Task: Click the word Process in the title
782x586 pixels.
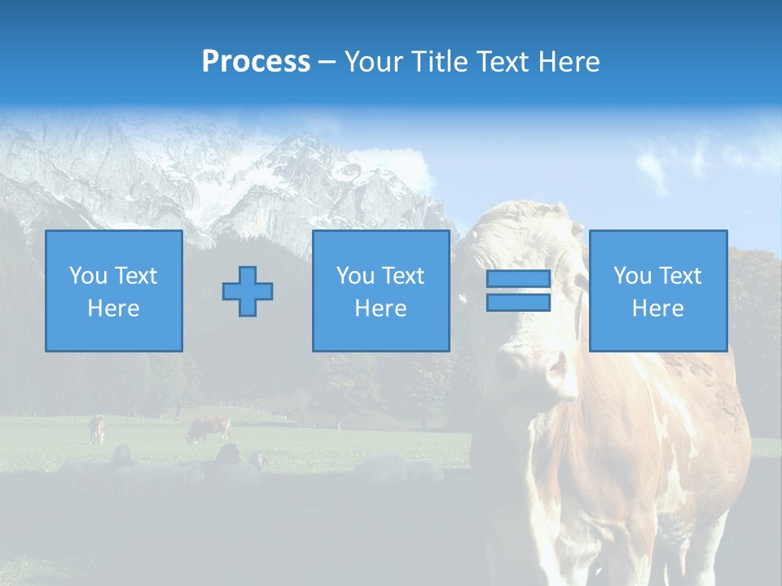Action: [x=256, y=62]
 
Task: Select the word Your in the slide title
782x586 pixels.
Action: [x=373, y=62]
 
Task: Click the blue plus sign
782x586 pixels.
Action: [x=248, y=291]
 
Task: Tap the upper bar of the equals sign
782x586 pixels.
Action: [x=518, y=279]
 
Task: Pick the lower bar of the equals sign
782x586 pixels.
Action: [x=518, y=302]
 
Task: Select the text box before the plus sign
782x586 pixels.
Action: [x=114, y=291]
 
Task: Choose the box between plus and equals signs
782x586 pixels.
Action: [x=380, y=291]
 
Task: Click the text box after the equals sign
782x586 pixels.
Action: [x=658, y=291]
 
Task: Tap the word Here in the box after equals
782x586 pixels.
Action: [x=658, y=308]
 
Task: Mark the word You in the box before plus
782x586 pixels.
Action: [x=88, y=276]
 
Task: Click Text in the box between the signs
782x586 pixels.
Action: [x=403, y=276]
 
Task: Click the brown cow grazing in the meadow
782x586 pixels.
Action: [x=209, y=428]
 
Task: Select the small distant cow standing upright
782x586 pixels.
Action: [x=98, y=428]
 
